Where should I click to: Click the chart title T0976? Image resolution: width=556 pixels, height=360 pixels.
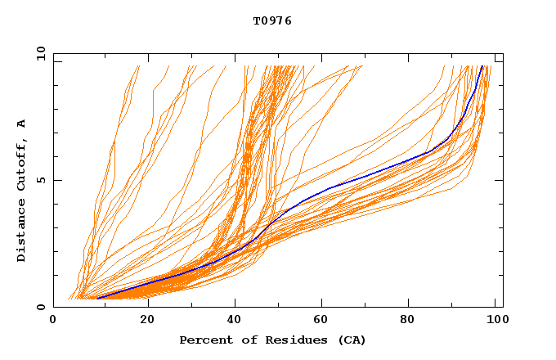pos(272,21)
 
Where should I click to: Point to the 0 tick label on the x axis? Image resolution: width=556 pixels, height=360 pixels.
pos(53,320)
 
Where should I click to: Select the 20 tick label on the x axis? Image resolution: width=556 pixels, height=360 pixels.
pos(147,320)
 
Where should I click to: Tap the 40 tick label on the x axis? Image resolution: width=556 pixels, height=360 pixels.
pos(236,320)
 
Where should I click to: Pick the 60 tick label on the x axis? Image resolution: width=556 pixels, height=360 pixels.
pos(325,320)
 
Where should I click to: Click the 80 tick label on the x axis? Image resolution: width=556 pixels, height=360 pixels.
pos(414,320)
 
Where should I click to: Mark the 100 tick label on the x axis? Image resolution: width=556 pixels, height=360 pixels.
pos(495,320)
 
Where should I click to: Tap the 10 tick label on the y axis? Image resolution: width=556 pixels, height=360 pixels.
pos(38,53)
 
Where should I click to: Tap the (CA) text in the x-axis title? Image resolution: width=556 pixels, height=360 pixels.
pos(352,340)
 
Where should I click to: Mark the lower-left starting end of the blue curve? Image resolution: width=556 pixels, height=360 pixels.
pos(97,298)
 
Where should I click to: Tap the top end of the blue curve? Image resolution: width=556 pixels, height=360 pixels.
pos(482,67)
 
